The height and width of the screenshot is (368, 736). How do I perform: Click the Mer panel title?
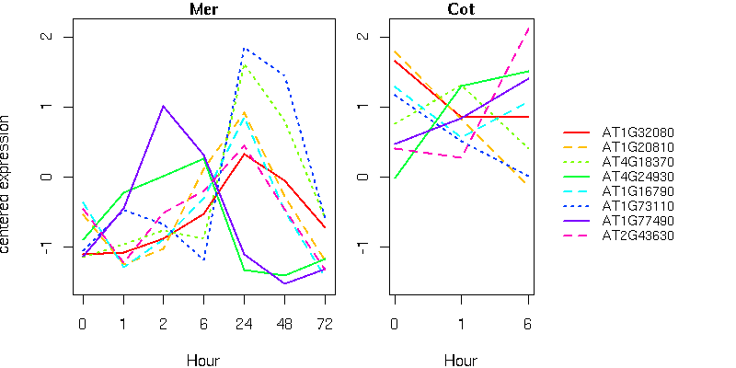point(203,10)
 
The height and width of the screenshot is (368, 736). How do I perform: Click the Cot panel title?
point(461,10)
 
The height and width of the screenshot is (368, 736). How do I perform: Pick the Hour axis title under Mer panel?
point(203,360)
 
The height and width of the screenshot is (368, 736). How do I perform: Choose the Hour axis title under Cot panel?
point(461,360)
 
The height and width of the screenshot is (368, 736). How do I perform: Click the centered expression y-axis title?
point(8,184)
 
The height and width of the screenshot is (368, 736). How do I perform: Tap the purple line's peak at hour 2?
point(164,106)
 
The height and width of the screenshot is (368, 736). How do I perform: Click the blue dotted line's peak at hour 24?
point(244,48)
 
